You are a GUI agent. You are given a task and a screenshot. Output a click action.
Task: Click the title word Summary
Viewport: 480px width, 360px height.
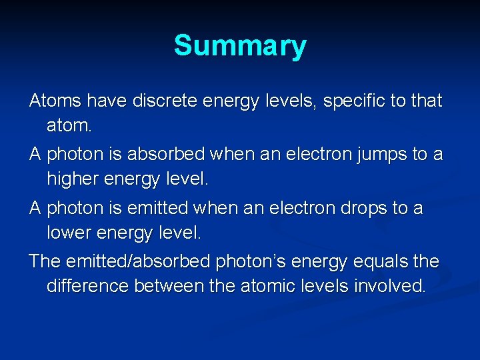click(240, 47)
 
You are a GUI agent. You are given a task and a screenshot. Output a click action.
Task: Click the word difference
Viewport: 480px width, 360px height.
click(88, 287)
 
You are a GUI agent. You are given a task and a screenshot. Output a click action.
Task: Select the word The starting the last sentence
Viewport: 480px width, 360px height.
click(45, 261)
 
